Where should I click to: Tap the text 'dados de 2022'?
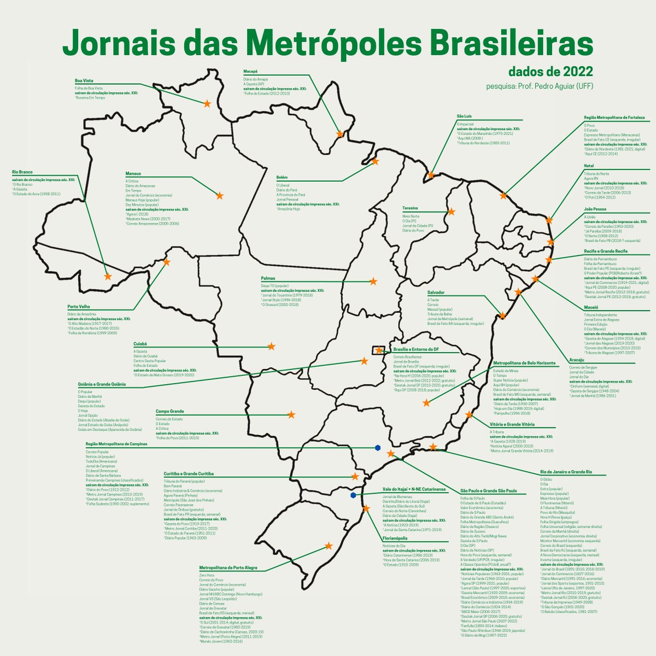click(550, 72)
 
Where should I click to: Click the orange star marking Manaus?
click(220, 196)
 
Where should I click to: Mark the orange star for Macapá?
click(340, 133)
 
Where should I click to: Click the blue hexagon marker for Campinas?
click(378, 448)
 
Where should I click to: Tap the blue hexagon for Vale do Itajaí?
click(354, 495)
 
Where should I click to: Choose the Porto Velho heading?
click(79, 307)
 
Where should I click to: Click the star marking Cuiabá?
click(271, 347)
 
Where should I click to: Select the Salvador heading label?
click(436, 292)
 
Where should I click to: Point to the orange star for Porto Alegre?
click(329, 546)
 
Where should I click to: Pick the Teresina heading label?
click(410, 208)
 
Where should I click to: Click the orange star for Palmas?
click(373, 282)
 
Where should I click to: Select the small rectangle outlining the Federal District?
click(378, 350)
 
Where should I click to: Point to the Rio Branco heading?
click(23, 172)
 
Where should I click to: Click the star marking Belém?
click(375, 161)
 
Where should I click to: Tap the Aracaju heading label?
click(576, 360)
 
